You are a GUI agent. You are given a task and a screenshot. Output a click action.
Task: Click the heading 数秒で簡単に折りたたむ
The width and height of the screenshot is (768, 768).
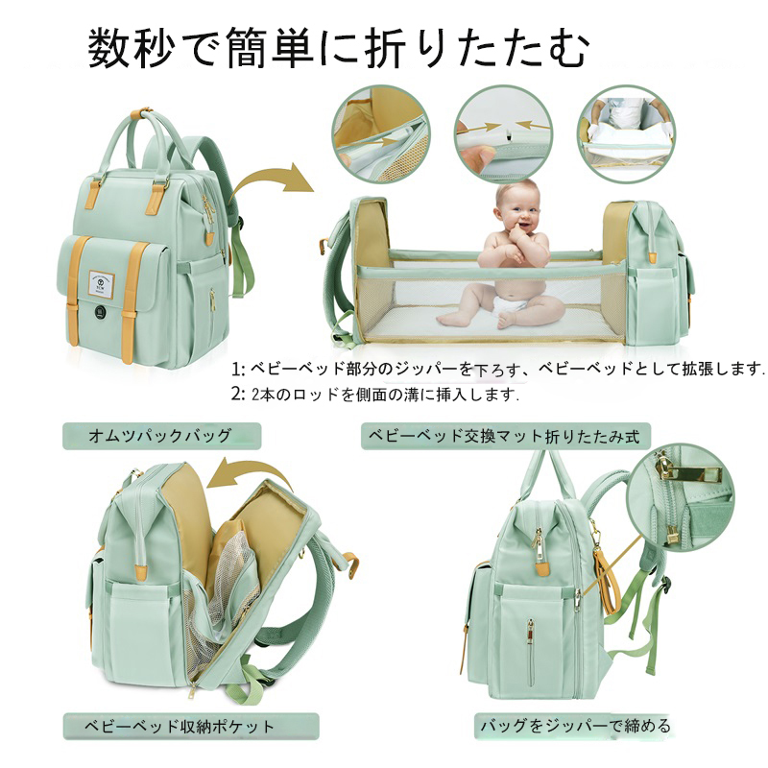339,47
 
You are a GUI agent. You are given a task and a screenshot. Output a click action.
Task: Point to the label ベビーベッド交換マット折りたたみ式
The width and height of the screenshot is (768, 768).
505,435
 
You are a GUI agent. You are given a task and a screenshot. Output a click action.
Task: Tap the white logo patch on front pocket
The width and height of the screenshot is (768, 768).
104,283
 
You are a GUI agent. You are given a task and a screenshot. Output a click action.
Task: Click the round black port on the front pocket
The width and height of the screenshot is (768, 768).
101,312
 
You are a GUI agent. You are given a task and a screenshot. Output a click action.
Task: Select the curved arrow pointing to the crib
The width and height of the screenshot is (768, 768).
275,180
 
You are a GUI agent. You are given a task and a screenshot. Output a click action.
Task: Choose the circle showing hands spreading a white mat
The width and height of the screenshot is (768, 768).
627,134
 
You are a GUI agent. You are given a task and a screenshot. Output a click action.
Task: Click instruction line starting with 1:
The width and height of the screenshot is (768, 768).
498,369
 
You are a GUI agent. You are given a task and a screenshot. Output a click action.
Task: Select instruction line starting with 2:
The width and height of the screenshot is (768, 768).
375,395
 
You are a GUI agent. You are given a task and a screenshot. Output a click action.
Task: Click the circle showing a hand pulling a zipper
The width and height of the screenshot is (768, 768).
380,134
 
